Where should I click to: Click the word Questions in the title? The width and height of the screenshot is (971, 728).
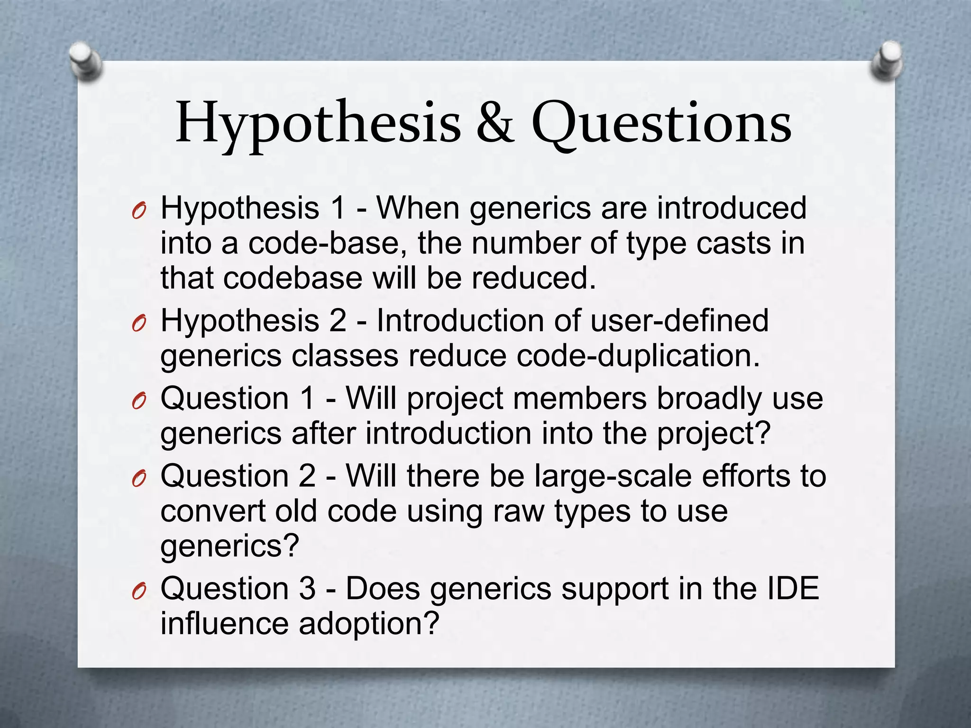tap(661, 124)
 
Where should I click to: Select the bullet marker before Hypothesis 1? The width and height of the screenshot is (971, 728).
tap(138, 211)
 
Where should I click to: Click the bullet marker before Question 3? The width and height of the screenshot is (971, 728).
tap(138, 591)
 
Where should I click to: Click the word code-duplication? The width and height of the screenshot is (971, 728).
tap(638, 356)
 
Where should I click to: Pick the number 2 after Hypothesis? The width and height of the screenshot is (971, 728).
tap(338, 321)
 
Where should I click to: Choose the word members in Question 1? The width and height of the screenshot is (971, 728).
tap(579, 398)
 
